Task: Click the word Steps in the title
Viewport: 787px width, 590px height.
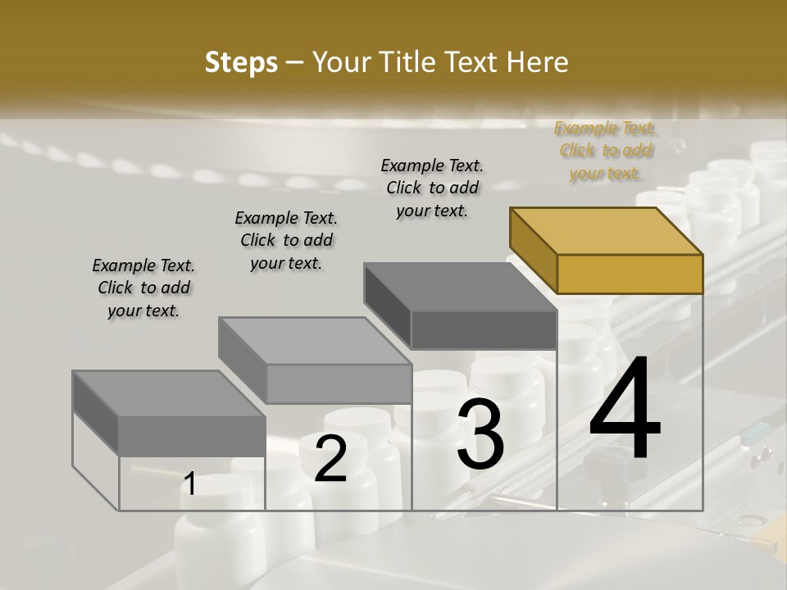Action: (241, 62)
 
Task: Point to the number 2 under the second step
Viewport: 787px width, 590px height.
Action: (330, 459)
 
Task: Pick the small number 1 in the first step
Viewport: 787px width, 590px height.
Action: (189, 484)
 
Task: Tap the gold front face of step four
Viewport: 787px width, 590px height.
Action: (630, 274)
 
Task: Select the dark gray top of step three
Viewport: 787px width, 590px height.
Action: (459, 287)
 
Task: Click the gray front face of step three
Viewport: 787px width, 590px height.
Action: (484, 329)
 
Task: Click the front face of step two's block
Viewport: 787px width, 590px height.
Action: (339, 383)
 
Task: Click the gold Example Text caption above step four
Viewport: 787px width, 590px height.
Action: (605, 151)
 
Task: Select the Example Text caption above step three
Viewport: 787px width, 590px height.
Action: (432, 188)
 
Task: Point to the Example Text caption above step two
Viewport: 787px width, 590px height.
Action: (286, 240)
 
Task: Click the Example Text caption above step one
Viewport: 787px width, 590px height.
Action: (143, 288)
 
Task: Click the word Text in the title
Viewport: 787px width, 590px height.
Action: (471, 62)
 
